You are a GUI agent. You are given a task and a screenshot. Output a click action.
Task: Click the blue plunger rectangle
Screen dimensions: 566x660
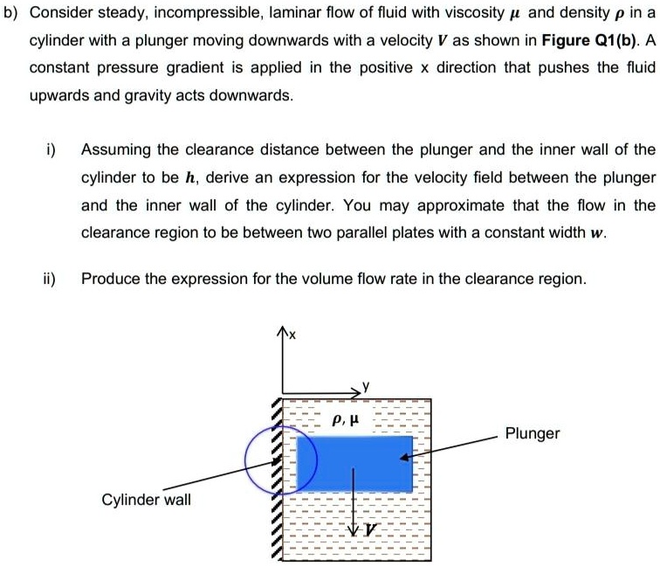[354, 462]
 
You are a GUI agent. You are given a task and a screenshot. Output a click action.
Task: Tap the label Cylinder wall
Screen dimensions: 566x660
[146, 500]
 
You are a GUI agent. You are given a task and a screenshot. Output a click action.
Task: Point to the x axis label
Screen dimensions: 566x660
[292, 335]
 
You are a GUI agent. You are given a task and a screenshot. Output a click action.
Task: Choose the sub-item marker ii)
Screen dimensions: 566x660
[45, 279]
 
